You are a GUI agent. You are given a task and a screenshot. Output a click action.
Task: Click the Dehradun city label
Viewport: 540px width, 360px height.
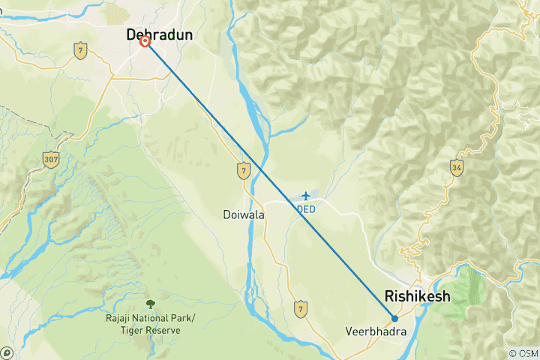(x=160, y=34)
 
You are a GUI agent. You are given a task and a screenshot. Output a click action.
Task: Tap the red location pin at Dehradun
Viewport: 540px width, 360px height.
(x=145, y=43)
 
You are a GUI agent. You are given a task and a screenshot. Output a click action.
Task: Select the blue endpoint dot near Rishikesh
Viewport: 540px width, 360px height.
(x=394, y=318)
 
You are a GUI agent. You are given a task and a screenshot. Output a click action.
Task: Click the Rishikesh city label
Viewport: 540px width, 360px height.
(x=417, y=296)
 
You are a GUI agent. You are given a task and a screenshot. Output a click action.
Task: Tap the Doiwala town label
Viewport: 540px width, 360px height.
(x=243, y=214)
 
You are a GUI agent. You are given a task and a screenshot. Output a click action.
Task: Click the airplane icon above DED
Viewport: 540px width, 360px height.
(x=305, y=196)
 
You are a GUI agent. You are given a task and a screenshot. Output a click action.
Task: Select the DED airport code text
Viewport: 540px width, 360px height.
(x=305, y=208)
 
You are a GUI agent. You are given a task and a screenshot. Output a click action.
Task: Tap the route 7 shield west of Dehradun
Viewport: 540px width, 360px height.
(x=79, y=50)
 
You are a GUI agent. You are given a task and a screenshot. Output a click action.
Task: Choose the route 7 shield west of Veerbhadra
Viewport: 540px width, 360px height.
(x=301, y=307)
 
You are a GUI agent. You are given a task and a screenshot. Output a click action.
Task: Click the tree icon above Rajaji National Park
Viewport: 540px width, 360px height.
(x=150, y=304)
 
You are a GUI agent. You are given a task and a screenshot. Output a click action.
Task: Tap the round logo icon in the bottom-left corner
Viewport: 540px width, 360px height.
(x=6, y=353)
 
